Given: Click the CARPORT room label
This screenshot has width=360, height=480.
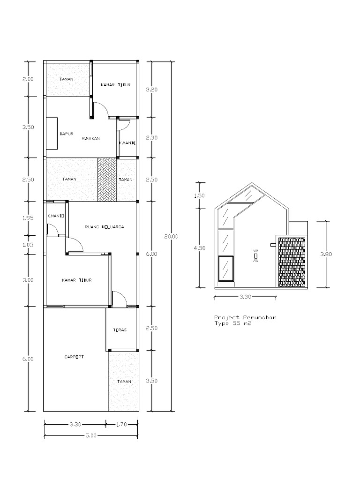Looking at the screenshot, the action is [x=74, y=357].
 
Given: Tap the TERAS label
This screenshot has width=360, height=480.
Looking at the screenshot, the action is [x=120, y=330].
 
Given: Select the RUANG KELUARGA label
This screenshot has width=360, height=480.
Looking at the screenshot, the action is [x=105, y=227].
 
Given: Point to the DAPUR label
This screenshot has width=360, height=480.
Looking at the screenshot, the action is [x=67, y=134].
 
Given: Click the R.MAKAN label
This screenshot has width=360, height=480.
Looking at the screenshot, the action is [x=91, y=138].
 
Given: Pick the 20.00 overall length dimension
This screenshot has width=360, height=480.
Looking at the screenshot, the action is [x=171, y=236].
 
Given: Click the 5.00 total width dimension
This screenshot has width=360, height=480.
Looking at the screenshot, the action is [x=91, y=435].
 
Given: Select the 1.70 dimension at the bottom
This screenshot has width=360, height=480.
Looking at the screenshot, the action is [x=121, y=424].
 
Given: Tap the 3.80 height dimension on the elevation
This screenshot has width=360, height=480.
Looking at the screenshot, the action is [x=326, y=254].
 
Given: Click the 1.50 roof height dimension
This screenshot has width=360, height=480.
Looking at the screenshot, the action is [x=200, y=195].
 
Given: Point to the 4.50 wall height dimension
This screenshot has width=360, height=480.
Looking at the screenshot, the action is [x=200, y=248].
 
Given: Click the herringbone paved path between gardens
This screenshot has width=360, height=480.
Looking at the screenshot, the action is [x=107, y=180].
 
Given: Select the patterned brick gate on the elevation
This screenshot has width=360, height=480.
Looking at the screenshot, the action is [x=292, y=262].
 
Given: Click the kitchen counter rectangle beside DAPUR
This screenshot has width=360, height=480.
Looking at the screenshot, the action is [x=52, y=133].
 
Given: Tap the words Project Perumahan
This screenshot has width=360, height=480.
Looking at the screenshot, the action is [x=245, y=317].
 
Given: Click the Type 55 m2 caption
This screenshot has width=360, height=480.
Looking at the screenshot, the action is [x=232, y=323].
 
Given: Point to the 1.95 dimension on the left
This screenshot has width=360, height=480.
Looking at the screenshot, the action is [x=28, y=218].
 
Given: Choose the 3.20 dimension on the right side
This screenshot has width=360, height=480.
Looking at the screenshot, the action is [x=152, y=90].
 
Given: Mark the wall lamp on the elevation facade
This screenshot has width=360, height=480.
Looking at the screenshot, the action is [x=256, y=255].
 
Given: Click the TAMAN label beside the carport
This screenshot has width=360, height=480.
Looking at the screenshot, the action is [x=124, y=382].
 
